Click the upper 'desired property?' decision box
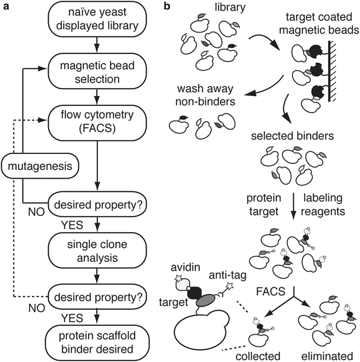(98, 198)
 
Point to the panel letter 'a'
(6, 6)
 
